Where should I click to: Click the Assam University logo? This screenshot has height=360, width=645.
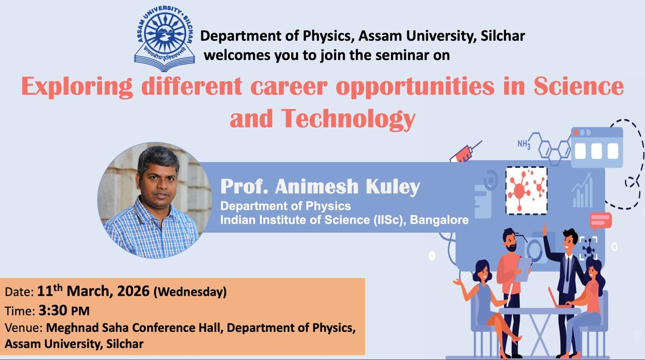(164, 38)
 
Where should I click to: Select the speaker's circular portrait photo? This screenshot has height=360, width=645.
(155, 200)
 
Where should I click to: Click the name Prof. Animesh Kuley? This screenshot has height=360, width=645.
(320, 187)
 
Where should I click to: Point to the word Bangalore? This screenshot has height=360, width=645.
(439, 220)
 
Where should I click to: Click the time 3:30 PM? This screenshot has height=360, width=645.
(64, 311)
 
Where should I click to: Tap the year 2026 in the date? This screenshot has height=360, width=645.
(134, 291)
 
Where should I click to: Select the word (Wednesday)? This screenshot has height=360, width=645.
(190, 292)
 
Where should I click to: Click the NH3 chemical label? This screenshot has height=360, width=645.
(524, 144)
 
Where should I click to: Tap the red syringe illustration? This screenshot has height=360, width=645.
(465, 152)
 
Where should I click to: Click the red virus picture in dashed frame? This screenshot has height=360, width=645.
(527, 191)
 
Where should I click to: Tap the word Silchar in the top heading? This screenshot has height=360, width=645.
(503, 36)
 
